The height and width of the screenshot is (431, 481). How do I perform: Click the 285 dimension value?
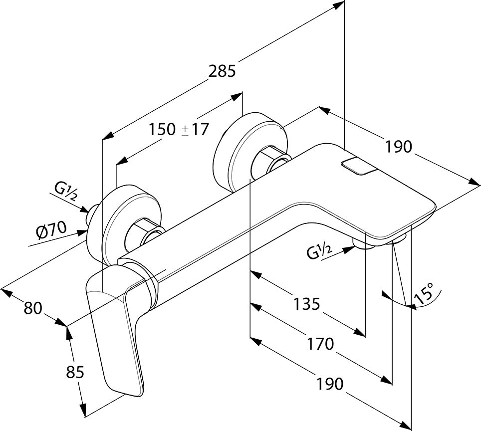[x=222, y=71]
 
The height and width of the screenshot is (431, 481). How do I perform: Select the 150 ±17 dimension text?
[x=178, y=129]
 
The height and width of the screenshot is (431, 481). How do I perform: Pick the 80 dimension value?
[x=33, y=308]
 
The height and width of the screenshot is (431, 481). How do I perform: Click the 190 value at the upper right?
[x=399, y=147]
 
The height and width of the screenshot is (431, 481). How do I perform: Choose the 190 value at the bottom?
[x=329, y=384]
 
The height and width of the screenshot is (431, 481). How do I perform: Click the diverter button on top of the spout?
[x=355, y=166]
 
